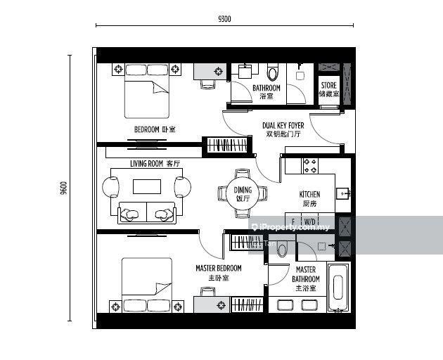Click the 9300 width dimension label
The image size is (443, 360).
(224, 19)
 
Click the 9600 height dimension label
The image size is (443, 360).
(64, 188)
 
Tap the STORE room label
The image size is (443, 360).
(329, 85)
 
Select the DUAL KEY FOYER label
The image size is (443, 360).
(283, 125)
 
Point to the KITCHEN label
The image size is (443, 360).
(309, 194)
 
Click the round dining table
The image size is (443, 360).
(243, 193)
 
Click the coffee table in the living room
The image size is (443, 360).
(147, 187)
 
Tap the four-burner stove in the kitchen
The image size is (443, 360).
(311, 166)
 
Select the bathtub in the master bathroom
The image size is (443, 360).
(339, 288)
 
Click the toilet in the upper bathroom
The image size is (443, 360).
(273, 72)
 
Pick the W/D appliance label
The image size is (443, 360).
(309, 221)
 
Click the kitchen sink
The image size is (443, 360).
(342, 193)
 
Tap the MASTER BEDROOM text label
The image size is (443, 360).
(219, 268)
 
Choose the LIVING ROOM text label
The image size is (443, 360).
(147, 164)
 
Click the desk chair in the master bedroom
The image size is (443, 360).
(207, 292)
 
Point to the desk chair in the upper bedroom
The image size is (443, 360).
(207, 84)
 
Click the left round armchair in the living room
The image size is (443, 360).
(110, 187)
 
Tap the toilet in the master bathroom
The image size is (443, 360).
(282, 249)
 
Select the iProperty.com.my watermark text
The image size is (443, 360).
(291, 227)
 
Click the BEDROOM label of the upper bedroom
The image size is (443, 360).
(147, 129)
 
